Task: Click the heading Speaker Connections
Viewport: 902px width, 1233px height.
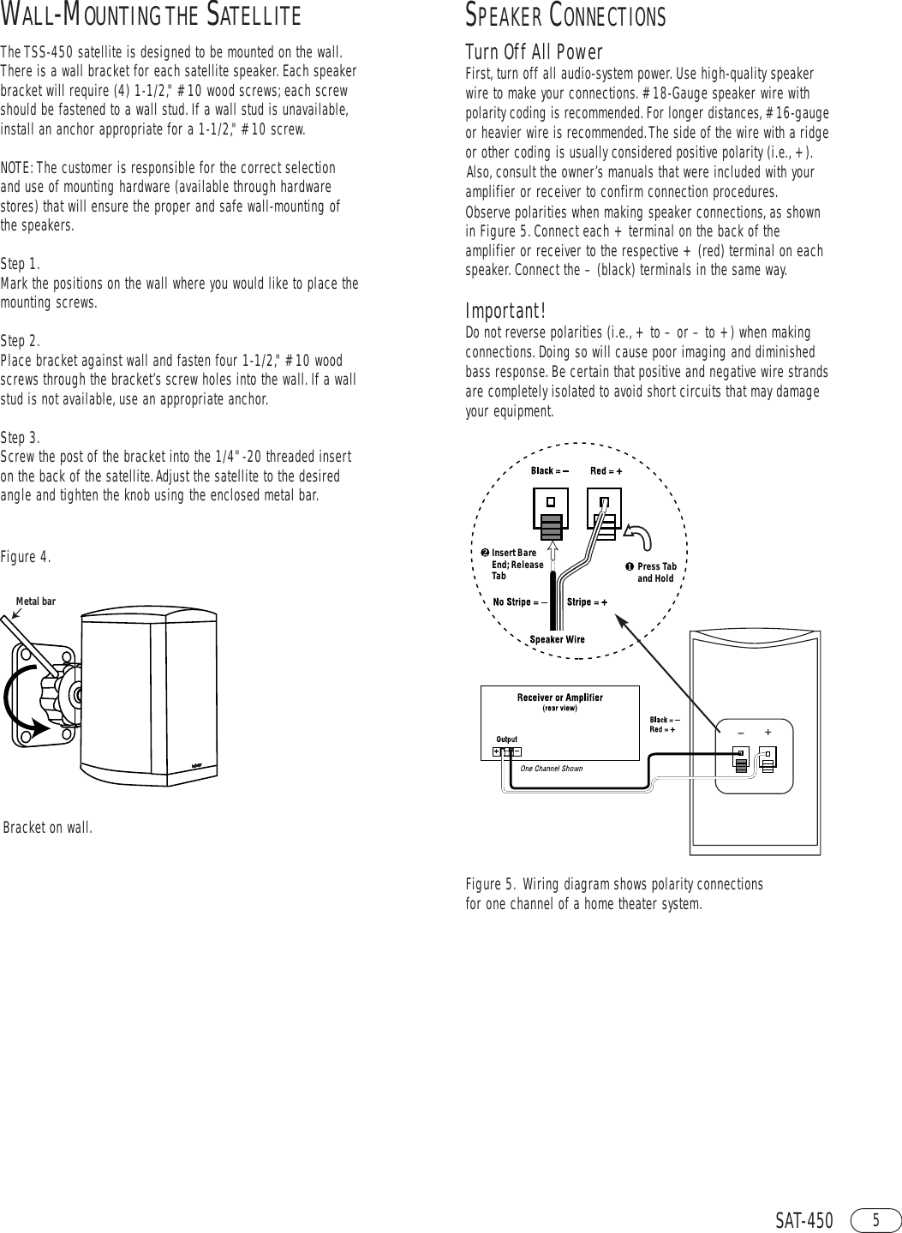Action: [564, 16]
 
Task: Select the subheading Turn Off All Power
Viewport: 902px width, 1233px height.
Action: [534, 52]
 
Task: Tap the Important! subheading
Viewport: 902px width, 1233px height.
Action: [505, 309]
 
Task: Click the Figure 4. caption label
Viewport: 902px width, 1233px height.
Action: [26, 558]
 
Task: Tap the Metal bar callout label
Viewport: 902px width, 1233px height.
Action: [36, 602]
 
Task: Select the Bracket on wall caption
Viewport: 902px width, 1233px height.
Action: [48, 828]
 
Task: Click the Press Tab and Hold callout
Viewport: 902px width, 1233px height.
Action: [654, 572]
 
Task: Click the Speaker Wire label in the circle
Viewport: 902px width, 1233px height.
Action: [557, 639]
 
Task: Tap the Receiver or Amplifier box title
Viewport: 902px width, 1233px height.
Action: [559, 697]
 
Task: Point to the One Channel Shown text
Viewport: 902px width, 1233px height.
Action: [551, 769]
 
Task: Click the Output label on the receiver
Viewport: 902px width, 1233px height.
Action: [506, 739]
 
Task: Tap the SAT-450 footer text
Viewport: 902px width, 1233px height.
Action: [803, 1220]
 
